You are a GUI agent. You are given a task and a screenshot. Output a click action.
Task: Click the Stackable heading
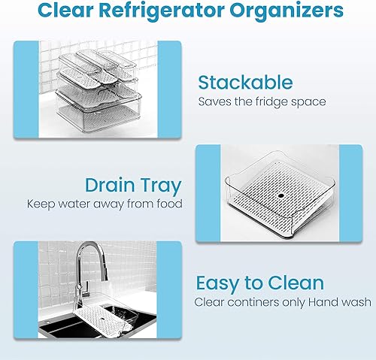pos(244,82)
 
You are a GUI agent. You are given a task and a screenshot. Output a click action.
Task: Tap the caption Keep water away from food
pos(104,204)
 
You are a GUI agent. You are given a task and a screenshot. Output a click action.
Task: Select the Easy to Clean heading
pos(259,283)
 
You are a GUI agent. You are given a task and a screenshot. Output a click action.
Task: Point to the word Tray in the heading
pos(159,184)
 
